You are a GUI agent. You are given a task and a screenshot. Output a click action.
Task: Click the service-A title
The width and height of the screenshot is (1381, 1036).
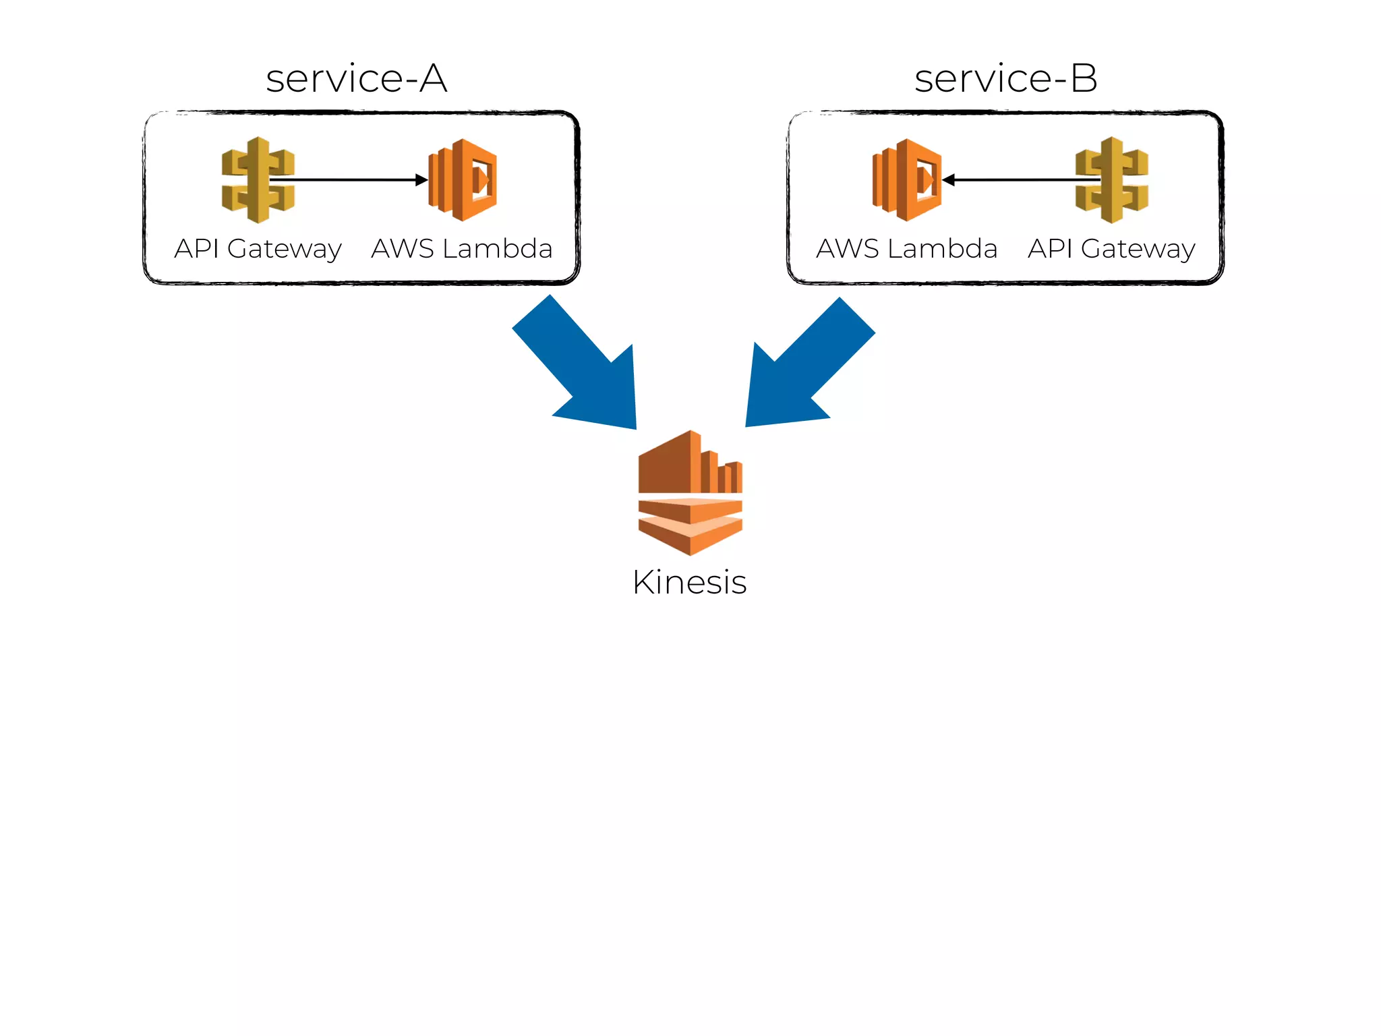[x=356, y=79]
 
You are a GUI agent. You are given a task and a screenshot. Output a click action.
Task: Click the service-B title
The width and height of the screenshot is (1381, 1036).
[x=1005, y=79]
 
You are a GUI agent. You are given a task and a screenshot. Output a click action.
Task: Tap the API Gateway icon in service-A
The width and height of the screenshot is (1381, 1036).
[x=258, y=180]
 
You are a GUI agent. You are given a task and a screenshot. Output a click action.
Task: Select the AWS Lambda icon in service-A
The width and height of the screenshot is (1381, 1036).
[x=463, y=180]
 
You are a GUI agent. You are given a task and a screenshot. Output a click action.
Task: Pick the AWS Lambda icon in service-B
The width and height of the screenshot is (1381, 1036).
[x=907, y=180]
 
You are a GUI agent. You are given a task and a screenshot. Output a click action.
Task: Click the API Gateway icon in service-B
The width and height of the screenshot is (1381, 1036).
[x=1112, y=180]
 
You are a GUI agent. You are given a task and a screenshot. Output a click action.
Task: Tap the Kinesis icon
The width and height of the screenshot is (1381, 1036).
[x=690, y=493]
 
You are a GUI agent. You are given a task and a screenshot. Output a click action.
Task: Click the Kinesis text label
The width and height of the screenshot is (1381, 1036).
[x=689, y=582]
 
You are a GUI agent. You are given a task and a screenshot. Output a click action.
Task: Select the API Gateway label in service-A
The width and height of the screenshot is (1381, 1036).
[x=258, y=249]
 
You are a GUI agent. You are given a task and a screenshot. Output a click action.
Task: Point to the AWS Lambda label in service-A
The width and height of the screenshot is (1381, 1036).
[x=462, y=249]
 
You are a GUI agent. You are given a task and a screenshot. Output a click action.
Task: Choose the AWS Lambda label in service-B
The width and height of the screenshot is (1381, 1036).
[x=907, y=249]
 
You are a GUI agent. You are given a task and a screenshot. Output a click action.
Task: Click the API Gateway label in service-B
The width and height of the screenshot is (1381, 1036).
[x=1111, y=249]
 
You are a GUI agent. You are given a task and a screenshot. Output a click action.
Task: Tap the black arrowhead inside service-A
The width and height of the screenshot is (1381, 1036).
[x=421, y=180]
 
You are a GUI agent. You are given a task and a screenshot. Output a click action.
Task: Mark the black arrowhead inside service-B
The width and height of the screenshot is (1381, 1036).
[x=949, y=180]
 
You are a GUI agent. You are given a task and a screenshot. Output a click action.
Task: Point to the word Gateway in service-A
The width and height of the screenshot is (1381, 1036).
[x=285, y=250]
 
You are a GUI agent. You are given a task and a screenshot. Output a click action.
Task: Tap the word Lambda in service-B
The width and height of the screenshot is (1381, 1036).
[x=942, y=249]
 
